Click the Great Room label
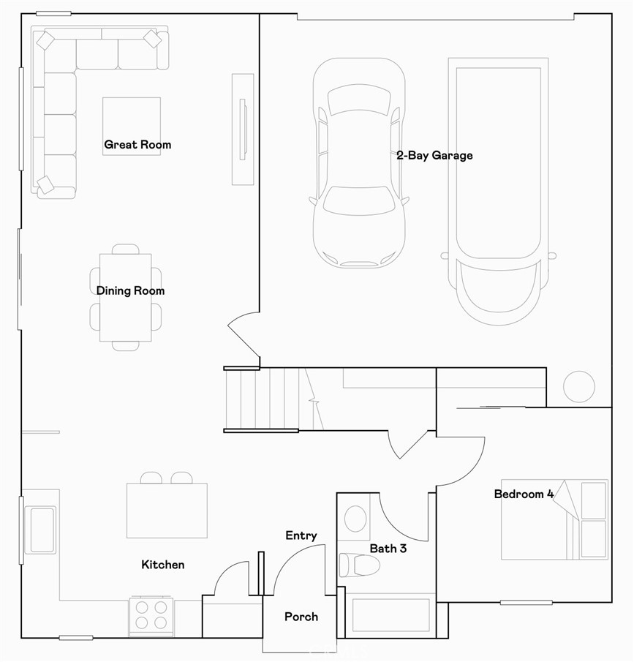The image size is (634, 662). pyautogui.click(x=137, y=145)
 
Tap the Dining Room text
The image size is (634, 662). pyautogui.click(x=130, y=291)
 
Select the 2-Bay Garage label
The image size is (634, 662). pyautogui.click(x=434, y=156)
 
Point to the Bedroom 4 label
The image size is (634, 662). pyautogui.click(x=523, y=494)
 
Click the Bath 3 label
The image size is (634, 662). pyautogui.click(x=388, y=548)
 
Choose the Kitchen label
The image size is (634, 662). pyautogui.click(x=162, y=565)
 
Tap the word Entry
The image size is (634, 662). pyautogui.click(x=301, y=536)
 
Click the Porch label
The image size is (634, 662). pyautogui.click(x=301, y=617)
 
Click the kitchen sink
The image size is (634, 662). pyautogui.click(x=41, y=529)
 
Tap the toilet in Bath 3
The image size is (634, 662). pyautogui.click(x=359, y=565)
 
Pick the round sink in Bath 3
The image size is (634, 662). pyautogui.click(x=356, y=519)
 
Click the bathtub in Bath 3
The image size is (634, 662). pyautogui.click(x=390, y=615)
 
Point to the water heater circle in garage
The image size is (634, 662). pyautogui.click(x=578, y=386)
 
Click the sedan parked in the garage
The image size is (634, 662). pyautogui.click(x=358, y=165)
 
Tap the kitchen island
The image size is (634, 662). pyautogui.click(x=167, y=511)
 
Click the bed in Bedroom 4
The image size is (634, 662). pyautogui.click(x=554, y=520)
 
